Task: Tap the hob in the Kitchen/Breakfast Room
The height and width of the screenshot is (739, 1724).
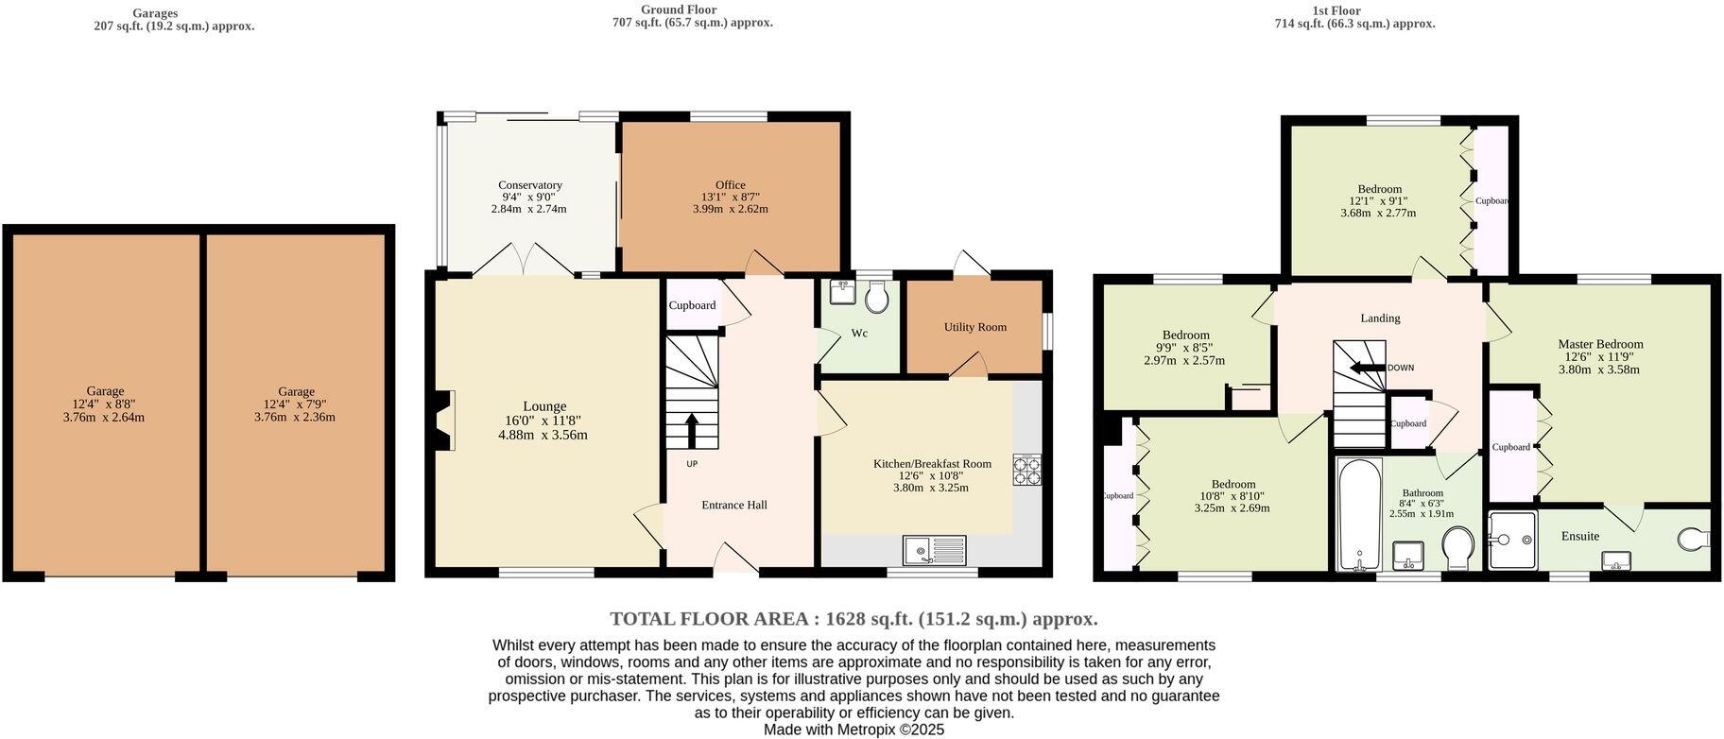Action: click(1026, 470)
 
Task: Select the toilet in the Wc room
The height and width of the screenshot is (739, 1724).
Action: click(876, 300)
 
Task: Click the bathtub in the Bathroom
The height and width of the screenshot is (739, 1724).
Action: click(1359, 515)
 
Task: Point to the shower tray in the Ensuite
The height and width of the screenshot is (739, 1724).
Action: click(1511, 541)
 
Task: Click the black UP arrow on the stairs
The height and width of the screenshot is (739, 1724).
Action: click(691, 430)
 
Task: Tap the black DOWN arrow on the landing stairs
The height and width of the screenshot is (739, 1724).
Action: click(1367, 368)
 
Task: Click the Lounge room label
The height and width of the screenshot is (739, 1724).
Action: click(544, 406)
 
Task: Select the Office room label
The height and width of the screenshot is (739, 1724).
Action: click(730, 185)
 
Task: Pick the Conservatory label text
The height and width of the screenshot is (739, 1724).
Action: click(530, 185)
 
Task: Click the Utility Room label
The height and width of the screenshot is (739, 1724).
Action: click(974, 327)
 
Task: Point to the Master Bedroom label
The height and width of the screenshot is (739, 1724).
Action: click(1600, 344)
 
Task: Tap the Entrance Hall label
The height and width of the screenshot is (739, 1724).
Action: click(733, 505)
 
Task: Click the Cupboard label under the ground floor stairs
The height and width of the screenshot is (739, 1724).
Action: click(692, 305)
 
